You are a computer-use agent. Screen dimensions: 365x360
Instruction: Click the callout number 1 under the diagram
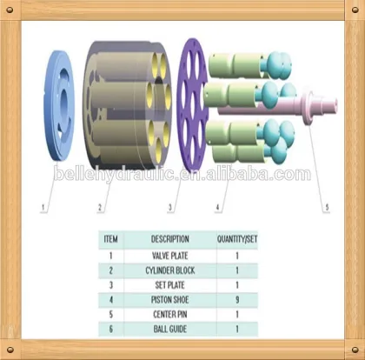[x=43, y=207]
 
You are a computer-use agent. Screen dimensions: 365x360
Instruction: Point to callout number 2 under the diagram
[x=100, y=207]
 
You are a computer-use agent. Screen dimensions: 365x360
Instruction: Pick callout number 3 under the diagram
[x=170, y=207]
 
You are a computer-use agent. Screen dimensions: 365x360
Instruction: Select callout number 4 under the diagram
[x=217, y=207]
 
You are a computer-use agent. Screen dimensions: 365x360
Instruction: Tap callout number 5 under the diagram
[x=327, y=207]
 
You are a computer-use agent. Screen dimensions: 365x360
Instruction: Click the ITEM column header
[x=110, y=239]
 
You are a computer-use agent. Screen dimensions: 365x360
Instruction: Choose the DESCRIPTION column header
[x=170, y=239]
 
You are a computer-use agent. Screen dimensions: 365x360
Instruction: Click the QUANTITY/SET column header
[x=237, y=239]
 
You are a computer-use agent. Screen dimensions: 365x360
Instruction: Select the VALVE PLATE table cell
[x=170, y=256]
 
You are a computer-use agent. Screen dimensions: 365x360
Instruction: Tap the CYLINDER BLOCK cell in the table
[x=170, y=270]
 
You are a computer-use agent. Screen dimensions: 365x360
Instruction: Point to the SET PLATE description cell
[x=170, y=285]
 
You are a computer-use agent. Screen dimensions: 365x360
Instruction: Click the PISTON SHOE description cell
[x=170, y=300]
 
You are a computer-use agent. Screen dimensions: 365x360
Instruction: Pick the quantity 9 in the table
[x=237, y=300]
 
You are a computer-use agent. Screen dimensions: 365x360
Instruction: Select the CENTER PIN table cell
[x=170, y=315]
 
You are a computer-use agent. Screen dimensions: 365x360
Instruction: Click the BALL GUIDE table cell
[x=170, y=329]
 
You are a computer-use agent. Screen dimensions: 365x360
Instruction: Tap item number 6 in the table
[x=110, y=329]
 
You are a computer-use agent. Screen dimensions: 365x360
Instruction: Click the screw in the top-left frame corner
[x=10, y=10]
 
